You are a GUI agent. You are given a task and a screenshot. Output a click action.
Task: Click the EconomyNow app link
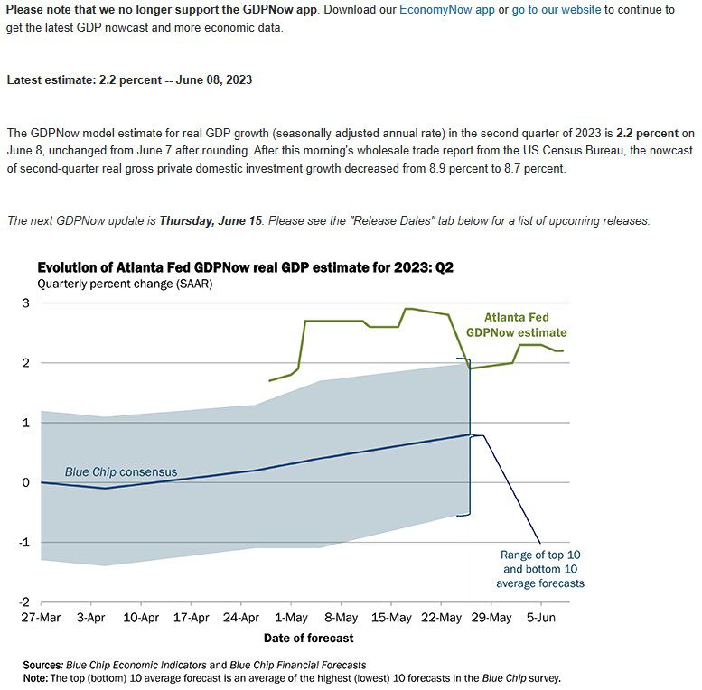pos(447,9)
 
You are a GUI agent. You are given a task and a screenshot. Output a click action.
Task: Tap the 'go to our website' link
pos(557,9)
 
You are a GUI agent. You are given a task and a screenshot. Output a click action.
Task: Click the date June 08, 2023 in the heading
pos(214,79)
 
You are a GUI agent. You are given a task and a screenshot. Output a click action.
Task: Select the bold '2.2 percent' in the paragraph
pos(648,134)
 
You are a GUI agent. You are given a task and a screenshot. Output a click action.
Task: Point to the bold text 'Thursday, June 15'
pos(211,220)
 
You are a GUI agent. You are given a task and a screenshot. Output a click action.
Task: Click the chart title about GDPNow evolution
pos(246,267)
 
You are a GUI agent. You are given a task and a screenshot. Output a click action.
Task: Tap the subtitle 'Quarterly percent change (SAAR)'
pos(125,284)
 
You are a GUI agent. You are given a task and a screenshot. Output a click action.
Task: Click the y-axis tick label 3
pos(25,303)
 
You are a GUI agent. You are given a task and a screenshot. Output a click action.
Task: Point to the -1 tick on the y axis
pos(24,542)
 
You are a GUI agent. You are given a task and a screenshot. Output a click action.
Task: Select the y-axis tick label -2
pos(24,602)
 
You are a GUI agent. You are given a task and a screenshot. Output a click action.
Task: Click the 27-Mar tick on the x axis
pos(41,618)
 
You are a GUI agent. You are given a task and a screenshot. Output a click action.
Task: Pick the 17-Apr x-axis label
pos(192,618)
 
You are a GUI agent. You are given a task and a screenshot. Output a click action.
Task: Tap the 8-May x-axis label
pos(342,618)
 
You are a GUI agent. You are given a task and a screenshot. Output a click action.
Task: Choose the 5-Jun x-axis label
pos(541,618)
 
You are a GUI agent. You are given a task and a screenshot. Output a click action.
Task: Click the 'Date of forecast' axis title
pos(308,639)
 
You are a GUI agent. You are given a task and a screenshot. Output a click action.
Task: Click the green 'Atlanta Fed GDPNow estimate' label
pos(516,325)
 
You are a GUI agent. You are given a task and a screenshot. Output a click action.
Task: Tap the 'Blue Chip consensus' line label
pos(121,472)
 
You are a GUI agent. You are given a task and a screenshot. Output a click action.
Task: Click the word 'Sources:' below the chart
pos(42,665)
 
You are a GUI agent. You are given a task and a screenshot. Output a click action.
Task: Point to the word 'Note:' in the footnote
pos(35,678)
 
